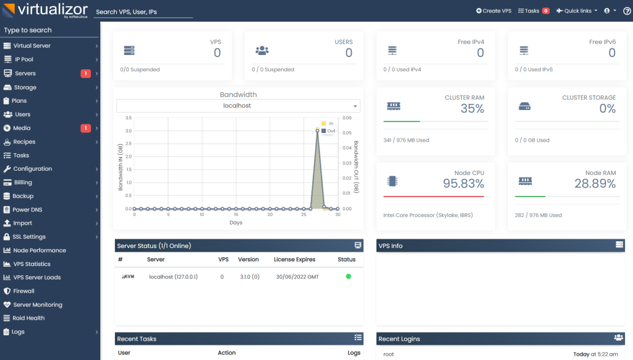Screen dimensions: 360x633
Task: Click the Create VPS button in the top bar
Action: tap(494, 11)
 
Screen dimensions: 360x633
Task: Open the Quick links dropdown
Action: tap(577, 11)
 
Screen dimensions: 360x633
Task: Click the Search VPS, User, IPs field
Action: tap(143, 12)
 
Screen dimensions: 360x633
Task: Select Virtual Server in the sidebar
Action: tap(32, 46)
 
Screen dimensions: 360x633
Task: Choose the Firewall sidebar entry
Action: tap(23, 291)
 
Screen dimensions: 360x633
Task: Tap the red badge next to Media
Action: tap(85, 128)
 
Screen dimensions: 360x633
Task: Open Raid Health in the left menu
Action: tap(28, 318)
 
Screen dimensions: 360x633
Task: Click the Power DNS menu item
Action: tap(30, 210)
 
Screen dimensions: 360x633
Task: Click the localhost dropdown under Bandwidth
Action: tap(238, 106)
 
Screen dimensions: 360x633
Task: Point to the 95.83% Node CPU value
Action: tap(463, 184)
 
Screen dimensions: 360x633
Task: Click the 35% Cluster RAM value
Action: tap(472, 109)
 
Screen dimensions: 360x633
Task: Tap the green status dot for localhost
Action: tap(348, 276)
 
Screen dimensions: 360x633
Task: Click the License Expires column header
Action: tap(294, 259)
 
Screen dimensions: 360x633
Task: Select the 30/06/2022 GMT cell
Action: tap(297, 276)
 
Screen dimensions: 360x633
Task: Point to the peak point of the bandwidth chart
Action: tap(317, 130)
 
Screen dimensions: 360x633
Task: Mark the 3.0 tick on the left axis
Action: tap(128, 131)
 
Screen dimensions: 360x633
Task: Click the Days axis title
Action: tap(236, 222)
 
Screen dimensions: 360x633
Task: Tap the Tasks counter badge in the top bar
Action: tap(546, 11)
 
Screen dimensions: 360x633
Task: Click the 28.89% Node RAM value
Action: tap(595, 184)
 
